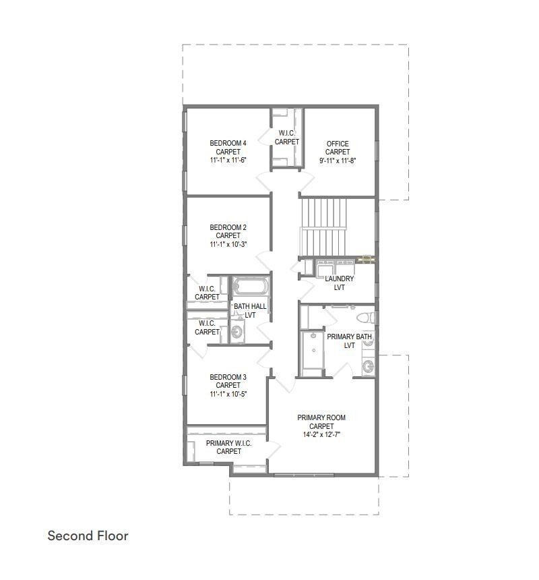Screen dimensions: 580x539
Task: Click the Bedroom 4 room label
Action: click(228, 143)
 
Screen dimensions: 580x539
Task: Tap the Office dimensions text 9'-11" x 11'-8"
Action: click(337, 161)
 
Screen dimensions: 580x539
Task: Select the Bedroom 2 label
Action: click(228, 227)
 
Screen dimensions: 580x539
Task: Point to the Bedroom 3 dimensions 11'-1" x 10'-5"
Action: click(228, 394)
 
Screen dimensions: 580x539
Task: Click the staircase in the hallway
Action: click(325, 227)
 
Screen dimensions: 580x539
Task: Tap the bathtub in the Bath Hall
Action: click(250, 286)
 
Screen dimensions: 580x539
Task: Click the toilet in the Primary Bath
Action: click(364, 318)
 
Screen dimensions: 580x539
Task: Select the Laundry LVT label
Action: click(339, 283)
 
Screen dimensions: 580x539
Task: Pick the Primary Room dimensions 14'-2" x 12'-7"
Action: click(321, 435)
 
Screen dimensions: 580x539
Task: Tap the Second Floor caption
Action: click(88, 536)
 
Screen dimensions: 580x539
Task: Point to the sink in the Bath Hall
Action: click(236, 332)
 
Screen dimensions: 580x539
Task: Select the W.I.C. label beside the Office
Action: click(287, 138)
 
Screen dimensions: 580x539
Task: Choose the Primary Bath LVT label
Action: click(349, 341)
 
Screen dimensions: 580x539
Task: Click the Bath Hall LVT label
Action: click(250, 310)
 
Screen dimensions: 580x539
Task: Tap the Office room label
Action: click(338, 144)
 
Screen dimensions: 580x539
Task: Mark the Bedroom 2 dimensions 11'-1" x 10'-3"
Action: click(228, 244)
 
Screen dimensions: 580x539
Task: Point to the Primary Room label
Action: click(321, 418)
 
